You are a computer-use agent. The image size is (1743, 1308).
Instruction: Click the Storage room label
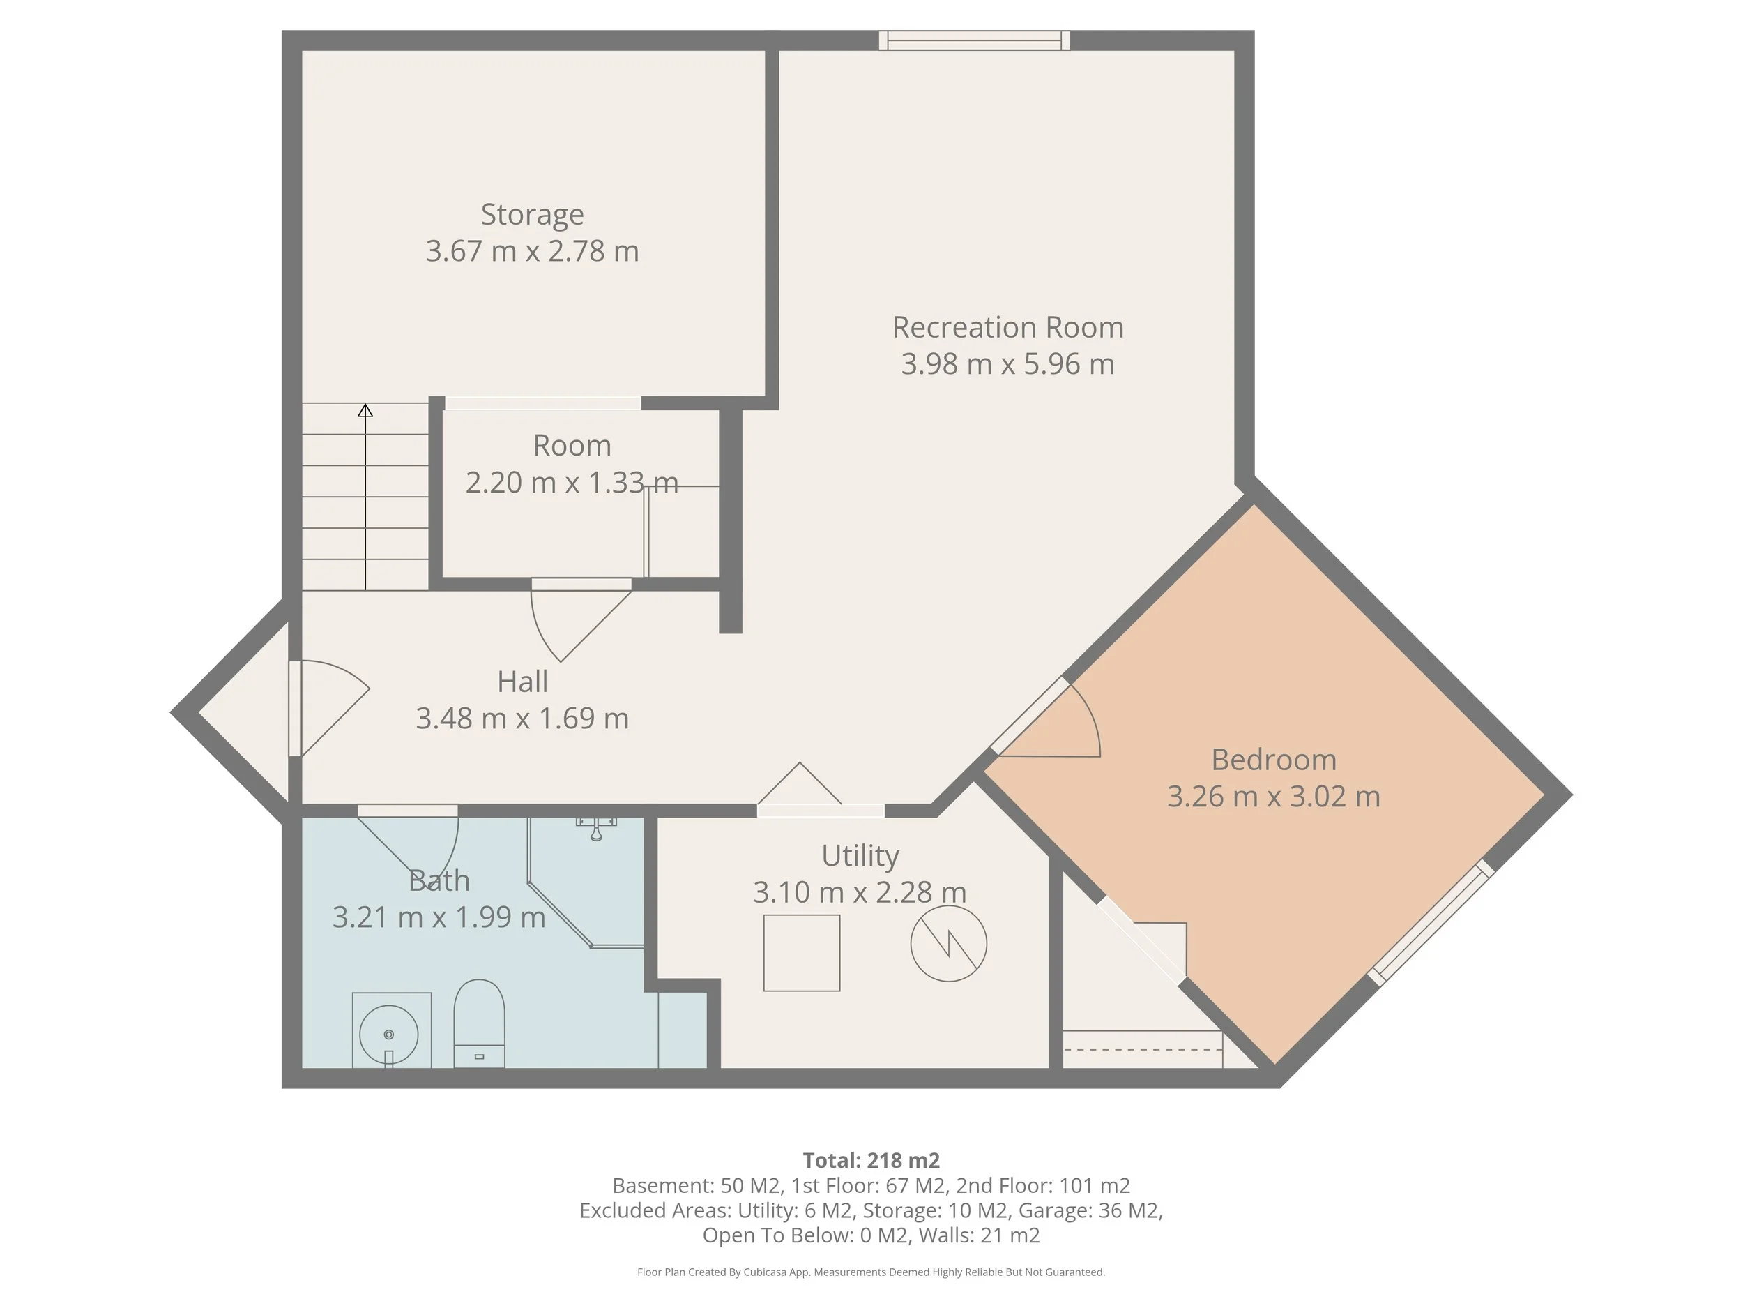(532, 214)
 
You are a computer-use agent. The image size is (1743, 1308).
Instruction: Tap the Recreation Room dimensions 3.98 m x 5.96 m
(1008, 364)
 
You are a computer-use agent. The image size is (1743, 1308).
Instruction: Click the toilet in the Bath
(479, 1023)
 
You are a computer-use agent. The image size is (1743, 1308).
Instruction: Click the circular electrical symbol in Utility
(949, 943)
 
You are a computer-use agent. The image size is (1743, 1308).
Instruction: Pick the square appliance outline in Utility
(801, 952)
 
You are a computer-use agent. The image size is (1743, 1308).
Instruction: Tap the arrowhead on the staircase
(365, 410)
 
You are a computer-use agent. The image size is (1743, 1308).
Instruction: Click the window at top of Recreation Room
(975, 40)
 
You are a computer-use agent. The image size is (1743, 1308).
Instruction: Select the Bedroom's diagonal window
(1430, 922)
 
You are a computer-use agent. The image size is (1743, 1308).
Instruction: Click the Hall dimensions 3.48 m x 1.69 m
(522, 719)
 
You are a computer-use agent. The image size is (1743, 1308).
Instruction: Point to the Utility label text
(860, 855)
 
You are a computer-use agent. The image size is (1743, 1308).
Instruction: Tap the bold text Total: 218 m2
(871, 1161)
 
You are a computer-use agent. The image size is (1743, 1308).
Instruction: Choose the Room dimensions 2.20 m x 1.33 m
(572, 483)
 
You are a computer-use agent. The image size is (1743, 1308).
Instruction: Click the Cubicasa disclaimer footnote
(871, 1272)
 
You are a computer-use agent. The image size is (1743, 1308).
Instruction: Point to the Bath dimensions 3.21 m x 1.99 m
(439, 917)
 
